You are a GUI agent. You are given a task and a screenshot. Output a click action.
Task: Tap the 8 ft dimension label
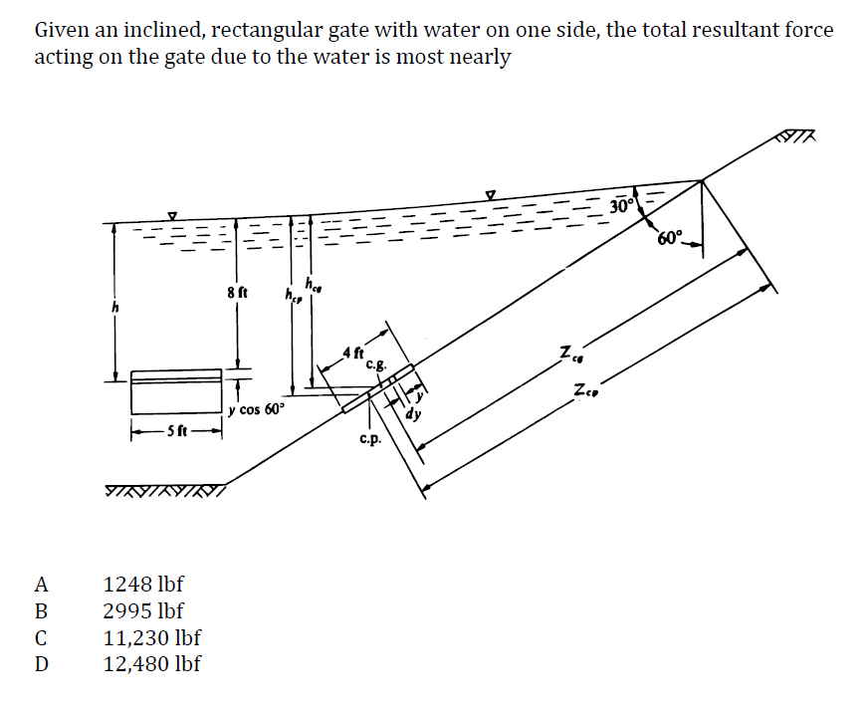[237, 294]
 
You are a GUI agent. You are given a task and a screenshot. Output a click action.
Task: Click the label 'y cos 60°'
[256, 408]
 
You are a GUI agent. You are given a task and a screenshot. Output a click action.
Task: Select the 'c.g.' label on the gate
[377, 364]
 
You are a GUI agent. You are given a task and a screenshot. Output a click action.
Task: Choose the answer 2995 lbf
[143, 610]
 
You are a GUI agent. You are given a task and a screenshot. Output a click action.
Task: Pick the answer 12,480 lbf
[152, 663]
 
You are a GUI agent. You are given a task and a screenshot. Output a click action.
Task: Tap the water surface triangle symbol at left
[172, 214]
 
